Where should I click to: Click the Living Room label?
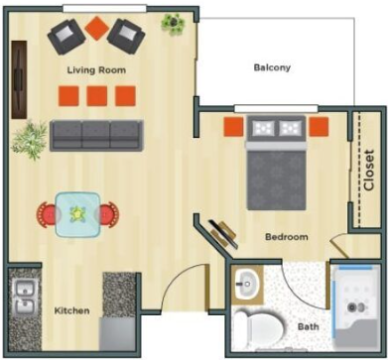pyautogui.click(x=96, y=70)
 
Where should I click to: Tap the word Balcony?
pyautogui.click(x=272, y=67)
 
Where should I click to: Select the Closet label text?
pyautogui.click(x=369, y=171)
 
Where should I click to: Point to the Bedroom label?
pyautogui.click(x=287, y=237)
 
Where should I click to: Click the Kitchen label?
pyautogui.click(x=71, y=310)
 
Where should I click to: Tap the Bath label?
pyautogui.click(x=309, y=327)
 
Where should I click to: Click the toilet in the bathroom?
pyautogui.click(x=260, y=327)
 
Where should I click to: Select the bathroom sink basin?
pyautogui.click(x=247, y=284)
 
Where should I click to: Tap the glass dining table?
pyautogui.click(x=77, y=215)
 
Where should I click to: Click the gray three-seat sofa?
pyautogui.click(x=96, y=136)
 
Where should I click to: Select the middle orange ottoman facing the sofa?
pyautogui.click(x=97, y=96)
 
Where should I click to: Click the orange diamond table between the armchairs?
pyautogui.click(x=97, y=28)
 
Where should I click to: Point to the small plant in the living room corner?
pyautogui.click(x=173, y=24)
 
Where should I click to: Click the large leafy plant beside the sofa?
pyautogui.click(x=30, y=140)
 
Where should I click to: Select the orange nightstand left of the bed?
pyautogui.click(x=233, y=127)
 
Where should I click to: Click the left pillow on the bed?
pyautogui.click(x=263, y=128)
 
